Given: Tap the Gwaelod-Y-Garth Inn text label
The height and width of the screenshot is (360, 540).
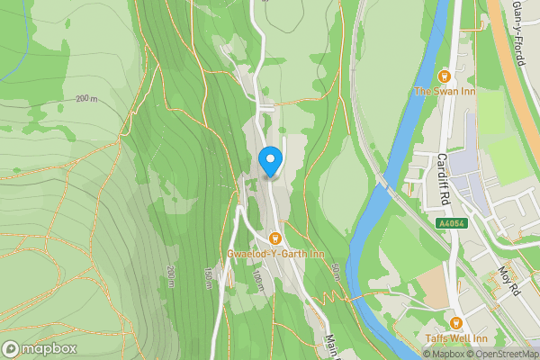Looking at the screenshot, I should [275, 255].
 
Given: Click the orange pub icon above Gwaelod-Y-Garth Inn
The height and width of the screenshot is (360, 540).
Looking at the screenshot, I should [275, 238].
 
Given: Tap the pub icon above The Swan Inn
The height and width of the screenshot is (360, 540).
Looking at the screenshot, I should [443, 76].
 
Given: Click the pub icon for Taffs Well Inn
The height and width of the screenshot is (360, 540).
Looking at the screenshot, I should [455, 323].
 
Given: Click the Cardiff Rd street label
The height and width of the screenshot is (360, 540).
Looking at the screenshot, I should [443, 175].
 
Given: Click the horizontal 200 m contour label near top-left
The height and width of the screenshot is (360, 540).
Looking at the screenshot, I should [87, 98].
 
